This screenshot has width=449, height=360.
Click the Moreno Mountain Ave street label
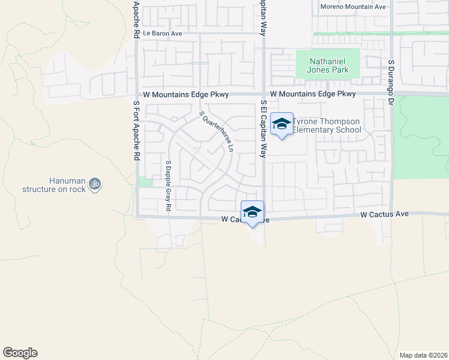point(352,7)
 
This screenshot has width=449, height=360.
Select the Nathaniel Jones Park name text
point(328,65)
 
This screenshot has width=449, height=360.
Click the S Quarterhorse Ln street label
point(216,130)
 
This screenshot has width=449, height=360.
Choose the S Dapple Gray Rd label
point(169,185)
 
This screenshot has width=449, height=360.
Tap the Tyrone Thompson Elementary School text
point(327,125)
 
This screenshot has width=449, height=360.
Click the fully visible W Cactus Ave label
point(384,214)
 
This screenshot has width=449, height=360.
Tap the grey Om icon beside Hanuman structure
point(95,184)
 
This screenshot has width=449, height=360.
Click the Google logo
point(20,353)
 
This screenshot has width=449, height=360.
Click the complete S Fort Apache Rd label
point(136,130)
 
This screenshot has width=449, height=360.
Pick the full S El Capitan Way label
point(262,128)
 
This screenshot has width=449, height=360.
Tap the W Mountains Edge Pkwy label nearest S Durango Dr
point(313,94)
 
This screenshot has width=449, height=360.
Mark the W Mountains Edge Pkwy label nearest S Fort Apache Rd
point(186,95)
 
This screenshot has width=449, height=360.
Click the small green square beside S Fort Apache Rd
point(144,182)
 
